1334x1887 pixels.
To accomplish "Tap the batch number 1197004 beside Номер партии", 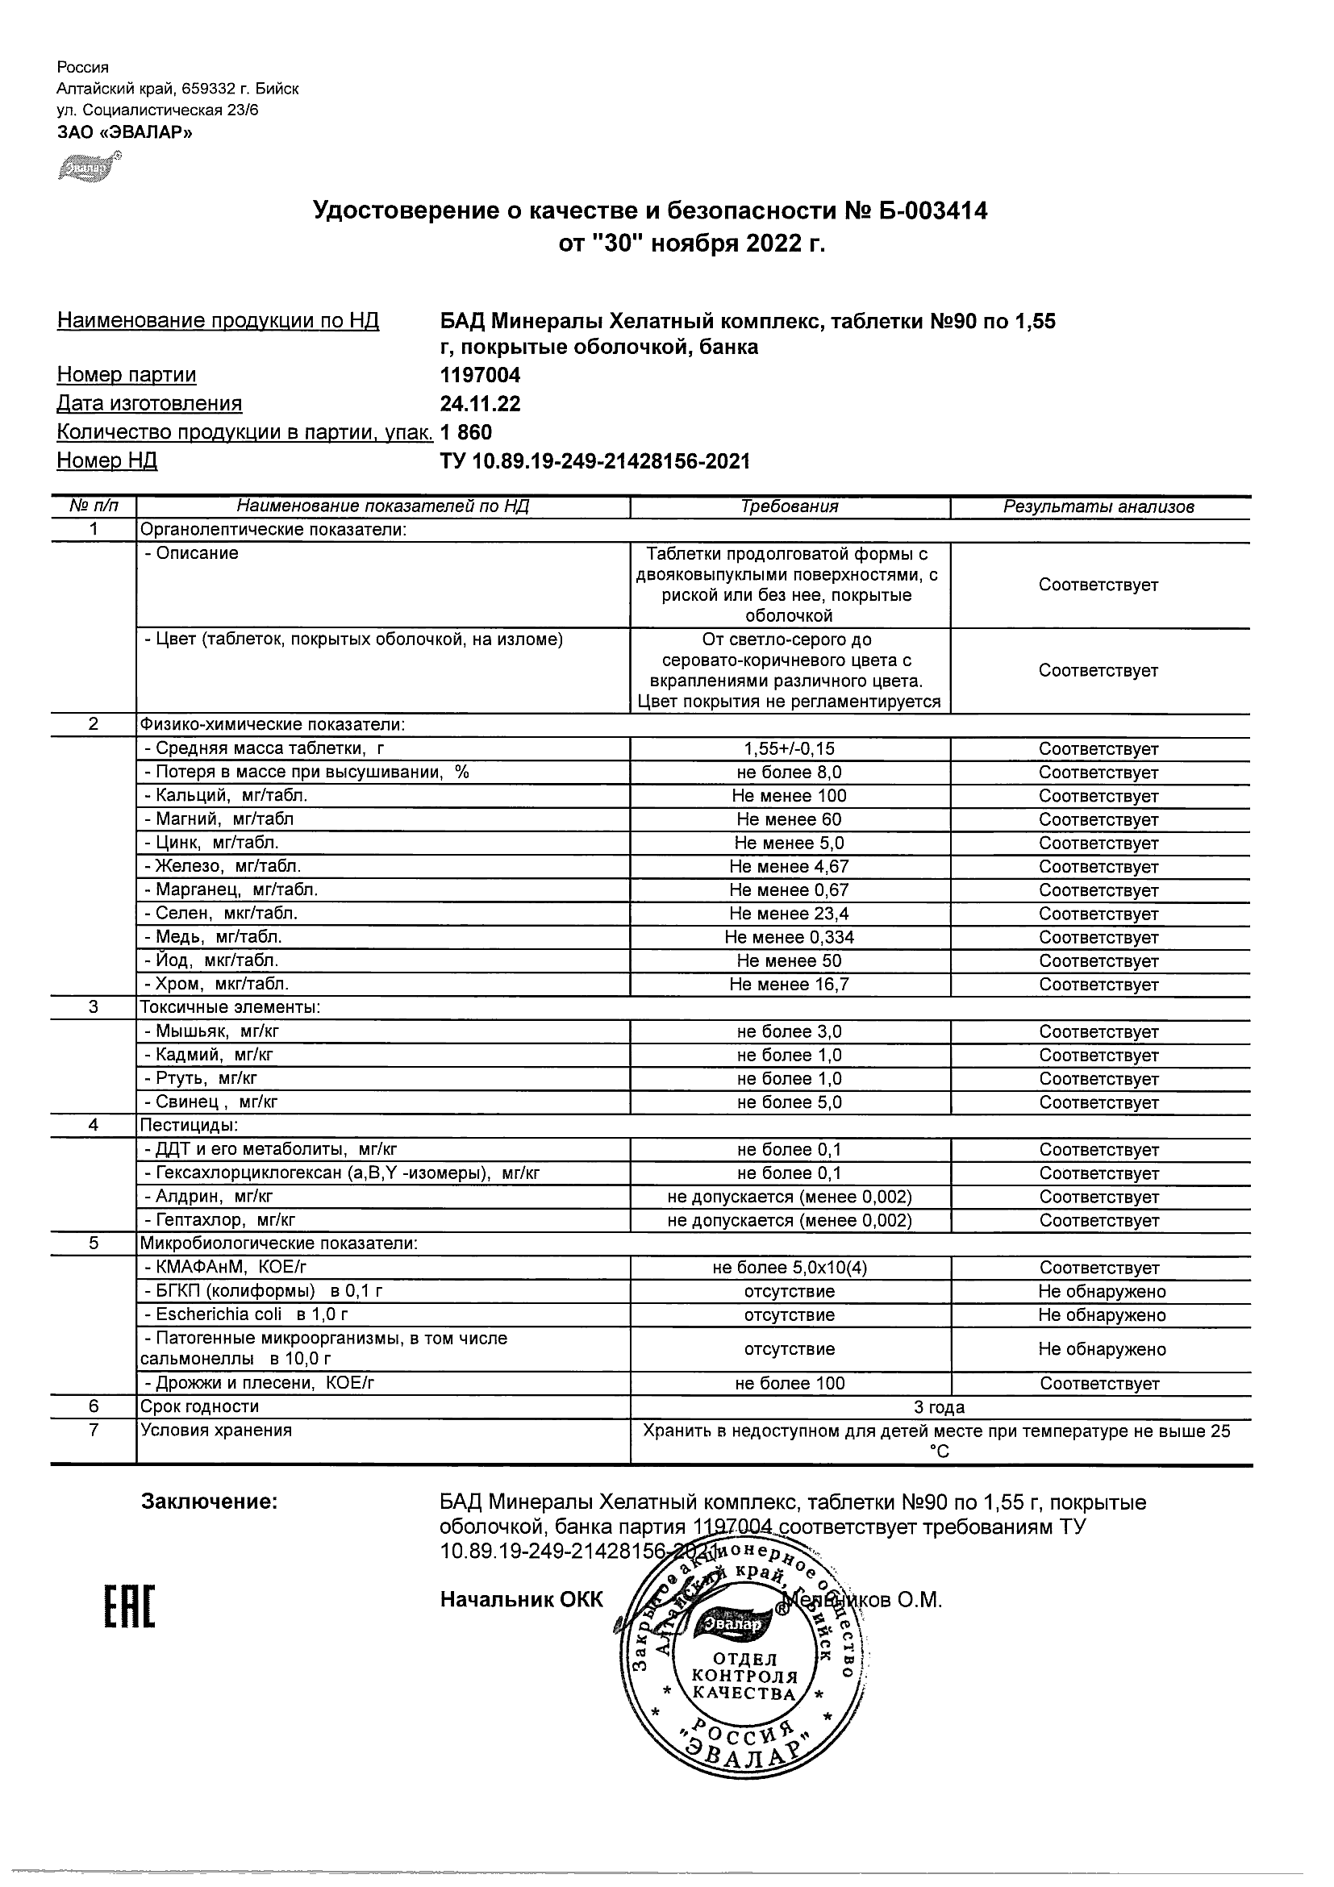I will (480, 376).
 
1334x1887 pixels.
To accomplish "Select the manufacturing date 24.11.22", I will (480, 403).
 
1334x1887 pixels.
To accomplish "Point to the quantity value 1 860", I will (466, 432).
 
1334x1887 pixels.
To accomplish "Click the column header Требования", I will (789, 507).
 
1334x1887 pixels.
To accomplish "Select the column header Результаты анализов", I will (1098, 507).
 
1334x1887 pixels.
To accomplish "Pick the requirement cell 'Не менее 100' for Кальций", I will (789, 796).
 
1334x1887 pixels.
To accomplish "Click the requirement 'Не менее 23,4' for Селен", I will (789, 914).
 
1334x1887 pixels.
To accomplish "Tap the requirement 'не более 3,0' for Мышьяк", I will (789, 1031).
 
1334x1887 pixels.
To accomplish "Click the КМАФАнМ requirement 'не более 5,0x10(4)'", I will (789, 1268).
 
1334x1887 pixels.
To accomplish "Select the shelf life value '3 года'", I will (940, 1408).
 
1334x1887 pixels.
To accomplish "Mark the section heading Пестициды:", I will (189, 1125).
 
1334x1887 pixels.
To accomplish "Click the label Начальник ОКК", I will (521, 1599).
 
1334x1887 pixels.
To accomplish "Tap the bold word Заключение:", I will (210, 1502).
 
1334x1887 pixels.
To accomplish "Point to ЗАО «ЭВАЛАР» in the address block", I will (124, 131).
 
